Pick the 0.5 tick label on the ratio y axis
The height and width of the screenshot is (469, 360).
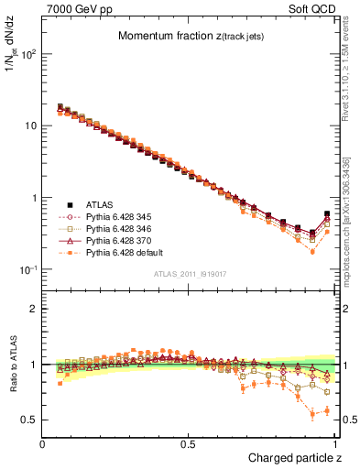[28, 420]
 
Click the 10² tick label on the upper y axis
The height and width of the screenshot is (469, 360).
[27, 53]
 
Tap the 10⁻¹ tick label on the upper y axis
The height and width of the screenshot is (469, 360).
[27, 269]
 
